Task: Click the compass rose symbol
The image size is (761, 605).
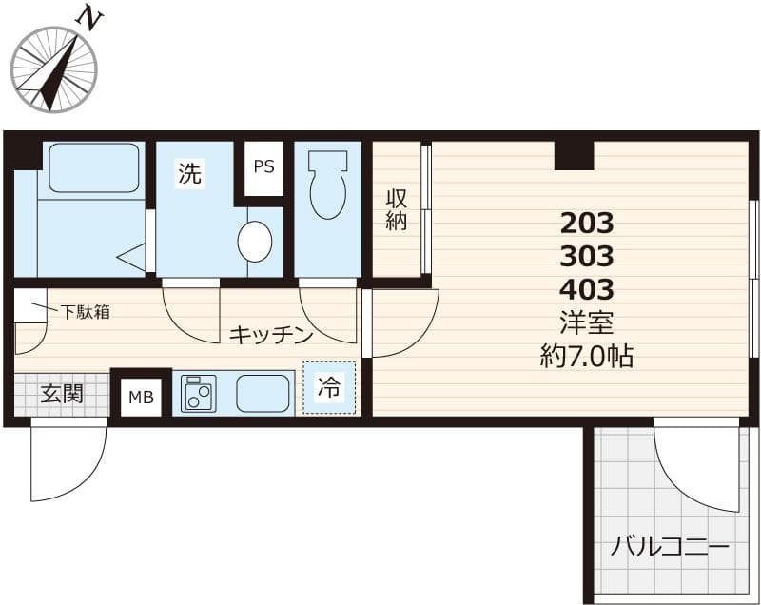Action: (54, 68)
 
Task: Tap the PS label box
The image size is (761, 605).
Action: (263, 166)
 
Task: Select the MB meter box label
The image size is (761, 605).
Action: (141, 398)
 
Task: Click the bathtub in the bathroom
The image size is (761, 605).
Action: (92, 169)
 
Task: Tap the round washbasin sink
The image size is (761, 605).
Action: (254, 242)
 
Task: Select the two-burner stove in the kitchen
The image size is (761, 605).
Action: (199, 392)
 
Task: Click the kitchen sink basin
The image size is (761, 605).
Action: (262, 392)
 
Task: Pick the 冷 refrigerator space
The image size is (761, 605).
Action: (329, 387)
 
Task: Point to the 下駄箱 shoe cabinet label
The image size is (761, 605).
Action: (86, 311)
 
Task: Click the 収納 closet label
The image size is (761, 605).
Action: (397, 209)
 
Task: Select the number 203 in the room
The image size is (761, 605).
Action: (587, 224)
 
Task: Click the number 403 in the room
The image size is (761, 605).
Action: (587, 288)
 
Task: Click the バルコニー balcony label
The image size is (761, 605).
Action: (670, 548)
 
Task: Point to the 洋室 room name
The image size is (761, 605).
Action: (587, 322)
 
